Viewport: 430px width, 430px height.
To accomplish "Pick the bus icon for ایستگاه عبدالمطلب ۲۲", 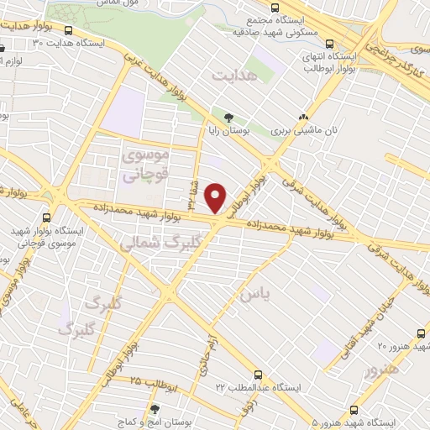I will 258,375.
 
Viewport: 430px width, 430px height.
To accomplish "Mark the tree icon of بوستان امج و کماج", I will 154,410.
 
